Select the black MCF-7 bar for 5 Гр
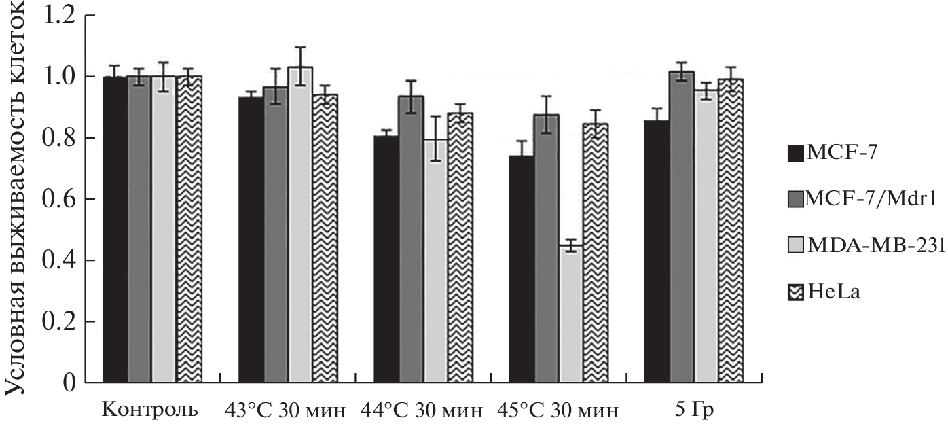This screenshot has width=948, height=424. coord(657,251)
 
